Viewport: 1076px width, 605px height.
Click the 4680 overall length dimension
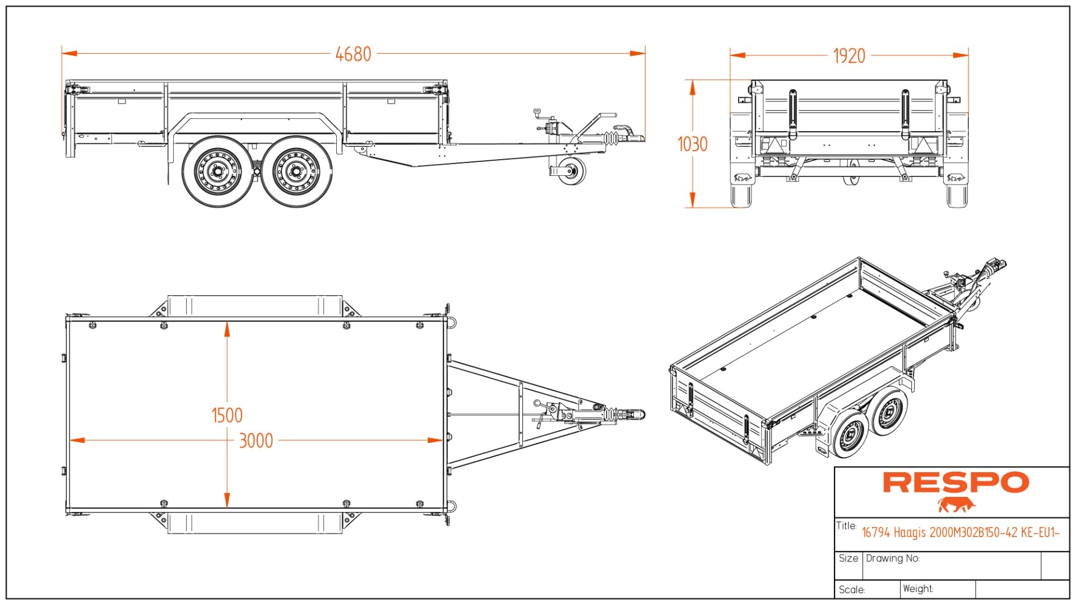pos(353,54)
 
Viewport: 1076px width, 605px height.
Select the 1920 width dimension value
pos(848,56)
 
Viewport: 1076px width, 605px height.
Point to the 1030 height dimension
pos(693,144)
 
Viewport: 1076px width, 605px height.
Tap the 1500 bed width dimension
pos(227,416)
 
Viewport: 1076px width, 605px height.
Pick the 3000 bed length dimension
pos(256,441)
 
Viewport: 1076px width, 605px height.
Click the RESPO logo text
pos(956,482)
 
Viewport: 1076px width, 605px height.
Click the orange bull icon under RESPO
pos(956,505)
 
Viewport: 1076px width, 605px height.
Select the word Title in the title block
pos(846,525)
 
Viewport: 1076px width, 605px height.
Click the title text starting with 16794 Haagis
pos(960,532)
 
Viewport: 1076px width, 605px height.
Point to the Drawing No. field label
pos(893,558)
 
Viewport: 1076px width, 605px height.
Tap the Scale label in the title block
pos(852,589)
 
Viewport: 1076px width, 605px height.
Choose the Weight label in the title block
pos(918,589)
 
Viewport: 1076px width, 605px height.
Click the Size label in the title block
pos(848,558)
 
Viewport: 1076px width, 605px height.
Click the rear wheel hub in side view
pos(217,171)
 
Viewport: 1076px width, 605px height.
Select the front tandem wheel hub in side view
pos(296,171)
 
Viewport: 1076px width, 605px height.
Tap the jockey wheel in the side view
pos(572,171)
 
